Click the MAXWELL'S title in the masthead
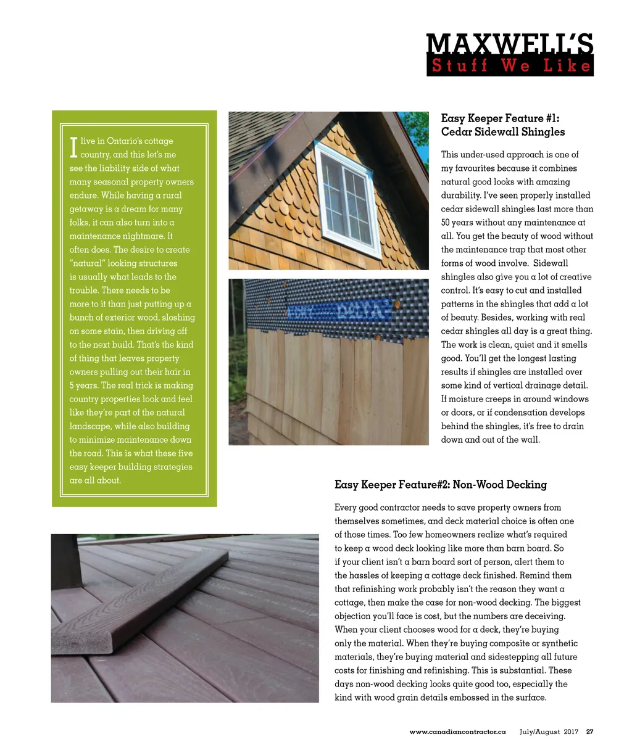(x=510, y=44)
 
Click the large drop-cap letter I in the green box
(x=73, y=147)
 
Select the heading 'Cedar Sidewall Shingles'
(x=502, y=131)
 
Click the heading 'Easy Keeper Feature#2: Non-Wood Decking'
(x=440, y=484)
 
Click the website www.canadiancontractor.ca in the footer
(x=457, y=731)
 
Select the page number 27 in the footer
(x=589, y=731)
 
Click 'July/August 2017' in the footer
(x=549, y=731)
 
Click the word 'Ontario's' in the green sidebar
(x=125, y=141)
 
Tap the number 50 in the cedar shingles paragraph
(x=446, y=223)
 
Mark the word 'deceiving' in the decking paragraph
(x=539, y=616)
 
